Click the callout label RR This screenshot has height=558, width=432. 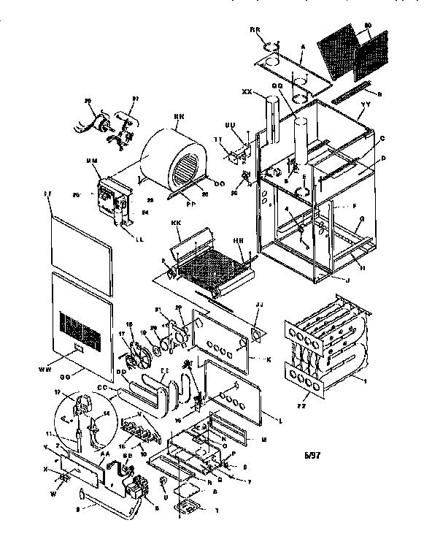click(x=255, y=29)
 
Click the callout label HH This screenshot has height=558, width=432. click(x=238, y=239)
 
